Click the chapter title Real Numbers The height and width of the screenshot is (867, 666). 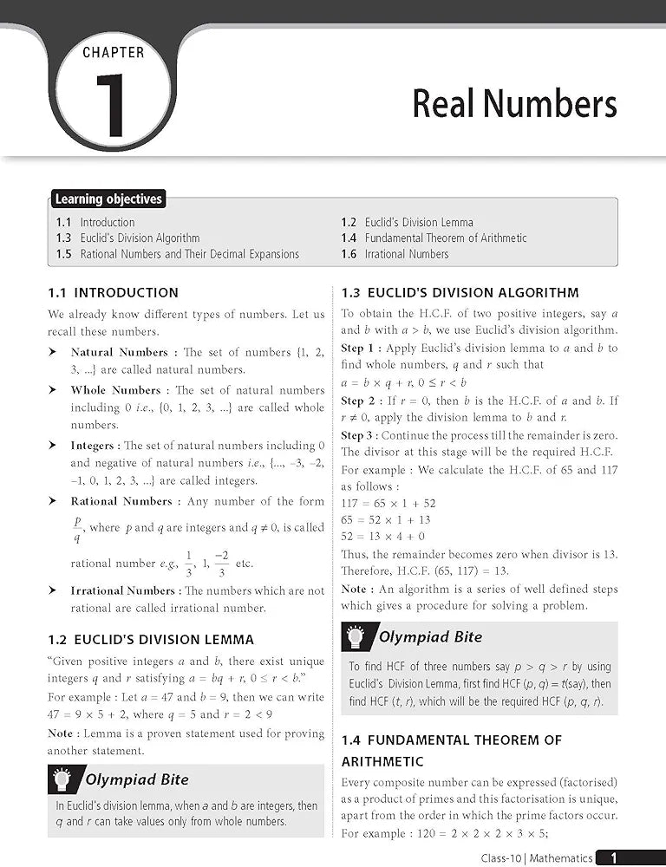pos(514,104)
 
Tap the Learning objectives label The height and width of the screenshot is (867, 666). pos(108,199)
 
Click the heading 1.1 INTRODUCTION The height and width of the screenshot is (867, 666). pos(114,293)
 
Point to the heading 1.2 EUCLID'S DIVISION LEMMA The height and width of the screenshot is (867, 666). pos(151,640)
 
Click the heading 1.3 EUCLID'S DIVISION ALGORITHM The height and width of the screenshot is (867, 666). pos(460,293)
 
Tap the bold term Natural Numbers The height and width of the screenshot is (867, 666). pos(119,352)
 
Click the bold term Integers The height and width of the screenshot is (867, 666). pos(92,445)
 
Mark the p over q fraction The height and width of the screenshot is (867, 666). pos(77,528)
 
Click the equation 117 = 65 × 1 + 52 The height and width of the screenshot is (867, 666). pos(388,503)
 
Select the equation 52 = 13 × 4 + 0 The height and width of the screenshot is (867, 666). pos(383,536)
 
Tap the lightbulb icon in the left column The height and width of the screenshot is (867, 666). pos(62,779)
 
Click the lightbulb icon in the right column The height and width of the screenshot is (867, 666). pos(356,637)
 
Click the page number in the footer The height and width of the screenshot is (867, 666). pos(613,857)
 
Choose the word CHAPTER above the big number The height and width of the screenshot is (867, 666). pos(114,52)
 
